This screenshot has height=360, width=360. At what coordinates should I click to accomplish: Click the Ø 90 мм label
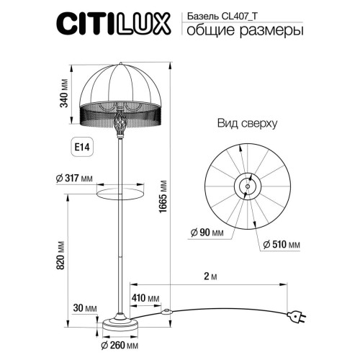pos(206,231)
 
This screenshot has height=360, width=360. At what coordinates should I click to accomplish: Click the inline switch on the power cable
pos(168,312)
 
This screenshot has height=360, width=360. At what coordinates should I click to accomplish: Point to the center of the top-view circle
pos(246,186)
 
